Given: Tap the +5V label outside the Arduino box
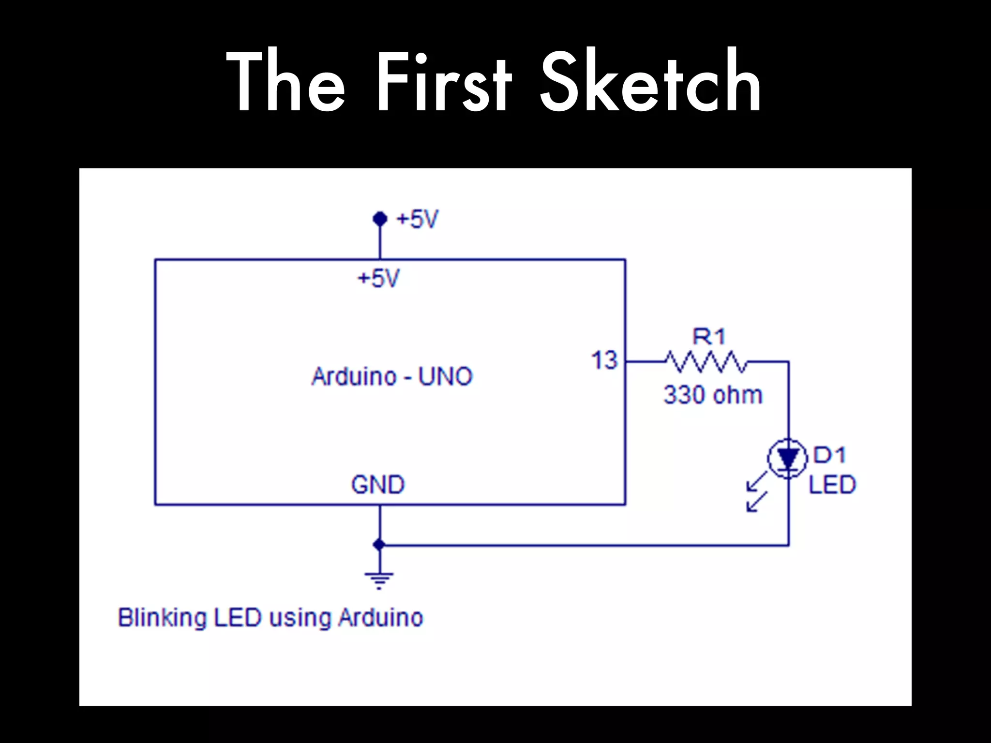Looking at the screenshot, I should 417,219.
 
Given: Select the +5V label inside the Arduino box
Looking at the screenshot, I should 378,279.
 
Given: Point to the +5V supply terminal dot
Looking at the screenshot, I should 380,219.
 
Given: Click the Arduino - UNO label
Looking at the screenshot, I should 392,376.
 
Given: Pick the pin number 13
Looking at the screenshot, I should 604,360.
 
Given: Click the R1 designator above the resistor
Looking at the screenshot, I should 709,337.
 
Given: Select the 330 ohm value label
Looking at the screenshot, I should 713,395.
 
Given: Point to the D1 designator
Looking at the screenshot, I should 829,455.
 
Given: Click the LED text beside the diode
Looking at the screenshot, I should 832,485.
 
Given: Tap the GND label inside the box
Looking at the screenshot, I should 378,484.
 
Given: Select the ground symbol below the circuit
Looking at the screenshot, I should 379,580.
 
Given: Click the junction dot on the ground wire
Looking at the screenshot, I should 379,545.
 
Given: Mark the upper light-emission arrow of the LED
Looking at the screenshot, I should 757,481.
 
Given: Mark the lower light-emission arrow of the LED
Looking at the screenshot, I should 757,502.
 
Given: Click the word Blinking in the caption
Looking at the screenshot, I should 162,618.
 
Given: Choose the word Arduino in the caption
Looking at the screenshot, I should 380,618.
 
